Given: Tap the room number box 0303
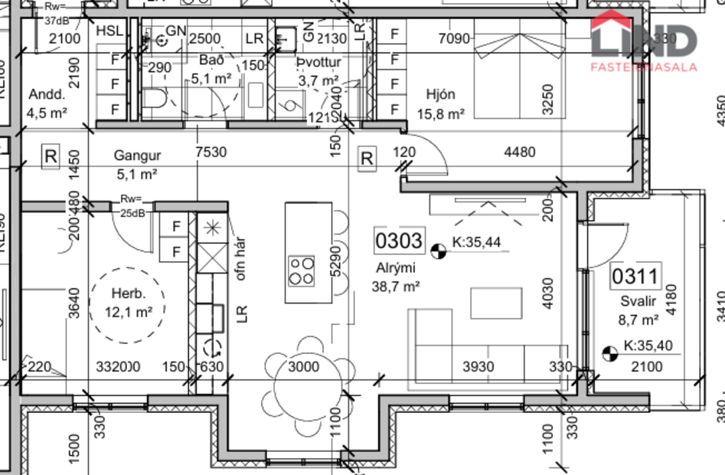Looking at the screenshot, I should [398, 241].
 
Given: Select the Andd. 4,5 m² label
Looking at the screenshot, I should [47, 104].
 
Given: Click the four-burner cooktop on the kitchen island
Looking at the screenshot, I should [301, 270].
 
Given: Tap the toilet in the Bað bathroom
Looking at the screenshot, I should [158, 100].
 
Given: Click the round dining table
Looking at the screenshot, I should [304, 367].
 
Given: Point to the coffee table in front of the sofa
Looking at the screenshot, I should [496, 302].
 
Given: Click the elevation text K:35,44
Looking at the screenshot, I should [476, 243].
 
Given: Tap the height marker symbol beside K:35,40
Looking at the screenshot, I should [610, 353].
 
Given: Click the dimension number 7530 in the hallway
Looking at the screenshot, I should [211, 152].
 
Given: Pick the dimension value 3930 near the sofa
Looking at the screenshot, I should [478, 367].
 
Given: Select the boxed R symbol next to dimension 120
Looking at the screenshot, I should [367, 159].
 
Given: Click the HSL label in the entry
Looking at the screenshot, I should [109, 31].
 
